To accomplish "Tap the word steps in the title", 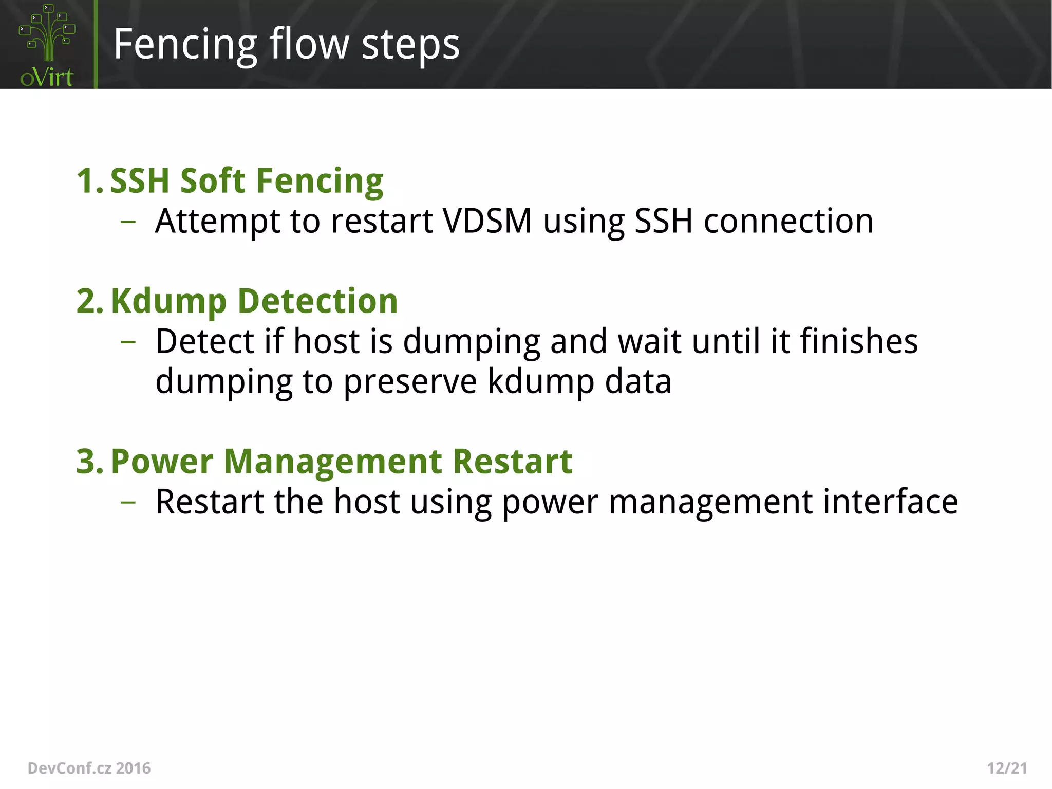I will pyautogui.click(x=410, y=45).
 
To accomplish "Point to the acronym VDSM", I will pyautogui.click(x=487, y=222).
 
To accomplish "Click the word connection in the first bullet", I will pyautogui.click(x=788, y=222).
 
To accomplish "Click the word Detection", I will pyautogui.click(x=317, y=301).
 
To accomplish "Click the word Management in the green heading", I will pyautogui.click(x=332, y=462).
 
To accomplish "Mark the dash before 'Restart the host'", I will pyautogui.click(x=128, y=502).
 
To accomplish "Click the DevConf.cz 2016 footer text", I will pyautogui.click(x=89, y=768).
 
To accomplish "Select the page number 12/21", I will pyautogui.click(x=1007, y=768).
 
